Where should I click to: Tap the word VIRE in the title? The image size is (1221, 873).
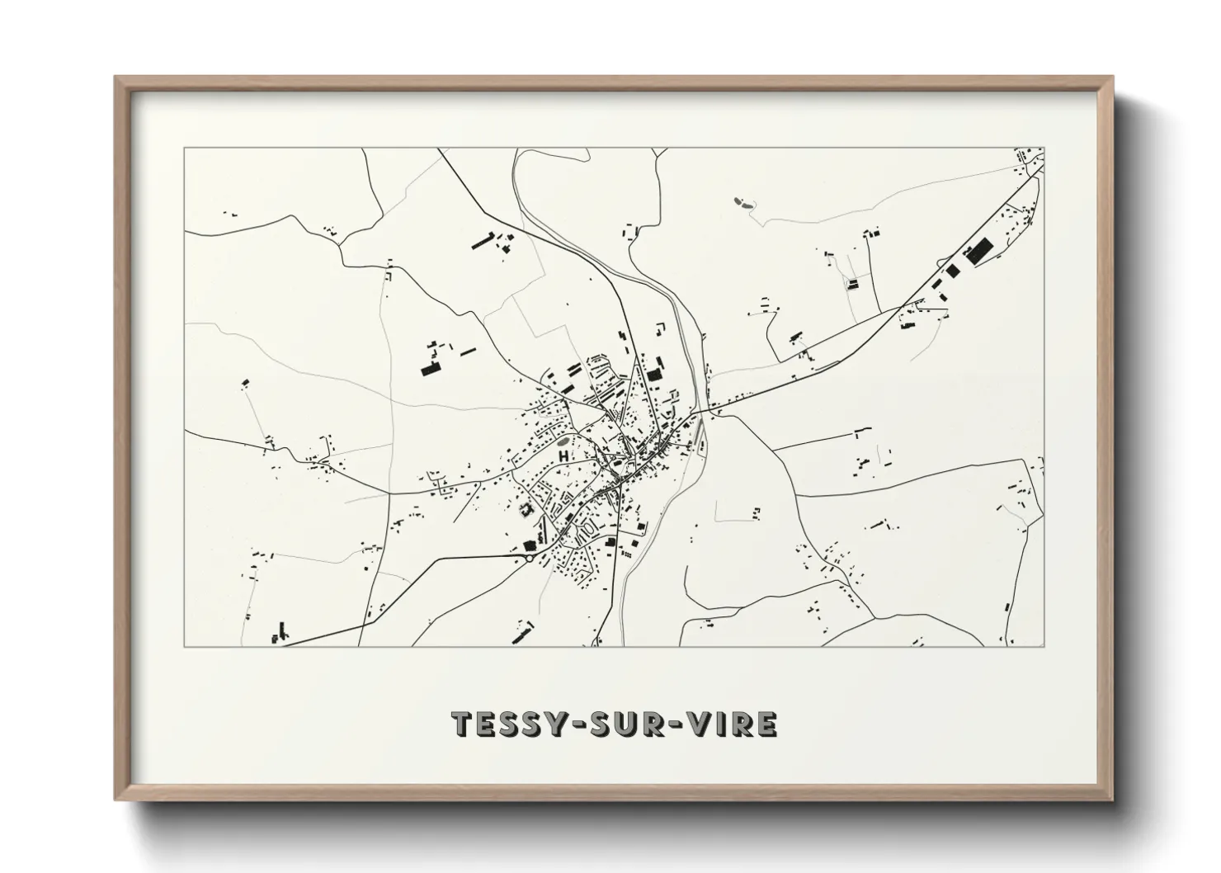728,724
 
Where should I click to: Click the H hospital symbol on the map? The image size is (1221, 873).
563,455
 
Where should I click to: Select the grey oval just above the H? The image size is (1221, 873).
563,443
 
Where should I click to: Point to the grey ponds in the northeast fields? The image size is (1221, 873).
741,201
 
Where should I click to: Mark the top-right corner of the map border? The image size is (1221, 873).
1044,149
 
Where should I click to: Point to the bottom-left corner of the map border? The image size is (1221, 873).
184,646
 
